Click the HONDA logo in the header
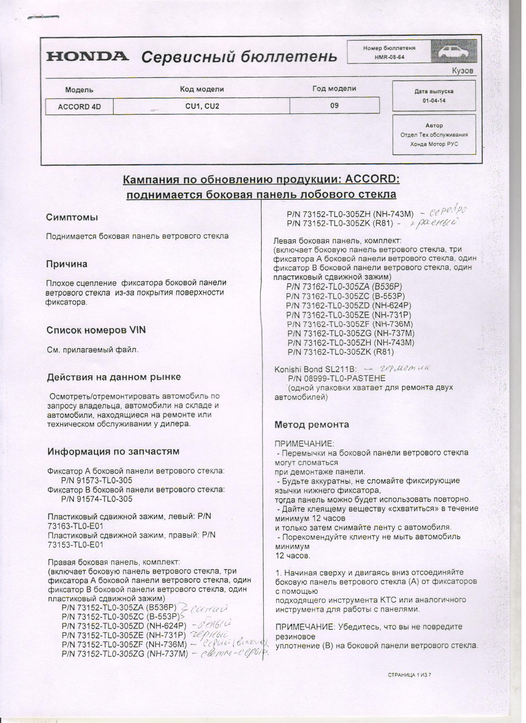[87, 56]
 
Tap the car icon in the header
[453, 52]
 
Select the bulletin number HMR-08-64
[389, 57]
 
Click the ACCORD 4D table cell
[79, 106]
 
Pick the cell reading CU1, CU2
[202, 106]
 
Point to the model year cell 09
[335, 106]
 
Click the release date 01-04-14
[434, 101]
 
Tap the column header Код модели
[202, 89]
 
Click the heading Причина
[67, 264]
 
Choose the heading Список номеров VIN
[96, 330]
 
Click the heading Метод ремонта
[311, 424]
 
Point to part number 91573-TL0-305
[97, 480]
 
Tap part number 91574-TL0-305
[97, 499]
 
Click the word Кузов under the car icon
[462, 71]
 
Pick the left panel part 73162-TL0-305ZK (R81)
[341, 352]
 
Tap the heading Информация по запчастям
[113, 451]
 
